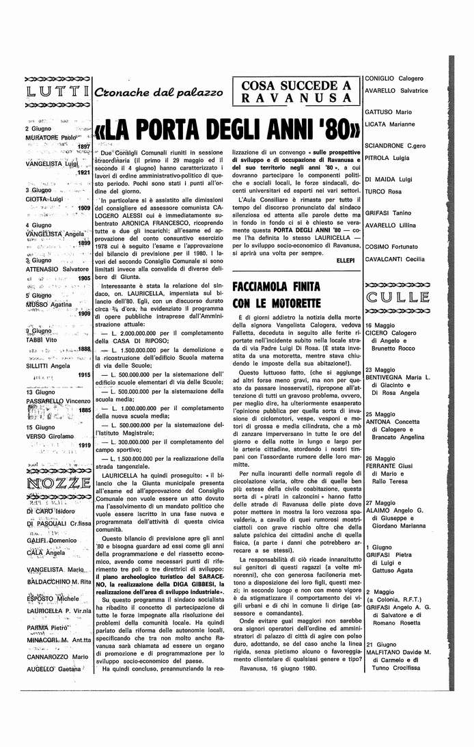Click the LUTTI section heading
click(56, 92)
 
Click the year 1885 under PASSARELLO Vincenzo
click(85, 410)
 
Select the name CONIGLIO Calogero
click(395, 78)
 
